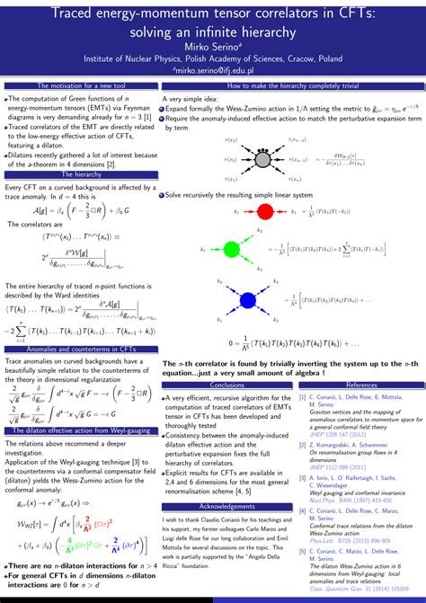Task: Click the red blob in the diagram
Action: [265, 211]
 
